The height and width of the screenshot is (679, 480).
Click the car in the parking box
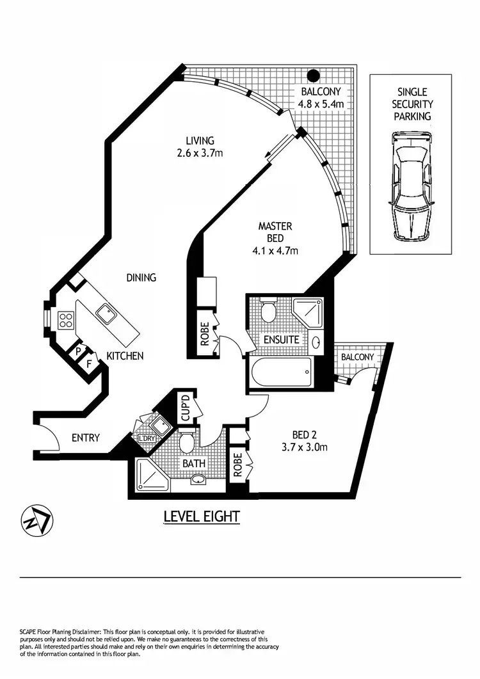410,186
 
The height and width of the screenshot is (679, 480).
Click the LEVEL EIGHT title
202,516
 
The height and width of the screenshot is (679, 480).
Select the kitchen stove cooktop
66,320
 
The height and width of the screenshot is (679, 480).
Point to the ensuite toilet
268,312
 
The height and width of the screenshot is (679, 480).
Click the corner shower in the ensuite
309,312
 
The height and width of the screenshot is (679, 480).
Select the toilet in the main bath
188,442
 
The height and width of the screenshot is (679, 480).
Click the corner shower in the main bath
149,474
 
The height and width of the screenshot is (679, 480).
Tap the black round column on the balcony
313,76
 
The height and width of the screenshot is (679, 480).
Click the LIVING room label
200,141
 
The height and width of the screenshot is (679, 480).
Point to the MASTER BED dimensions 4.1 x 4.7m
275,250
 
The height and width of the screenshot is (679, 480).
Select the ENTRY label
85,438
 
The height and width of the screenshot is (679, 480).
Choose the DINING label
141,278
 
